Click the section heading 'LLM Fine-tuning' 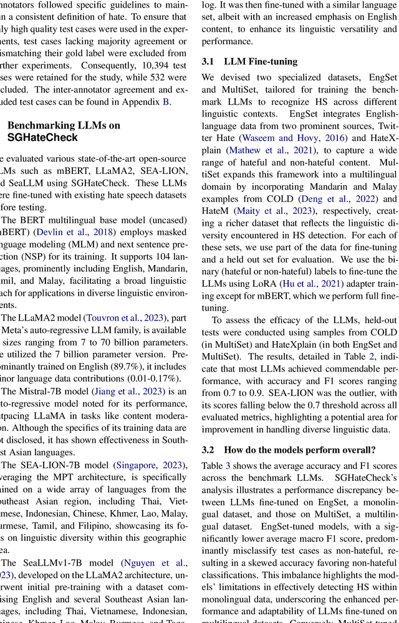point(252,61)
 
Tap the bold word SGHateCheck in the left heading point(42,137)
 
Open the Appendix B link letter point(166,102)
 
